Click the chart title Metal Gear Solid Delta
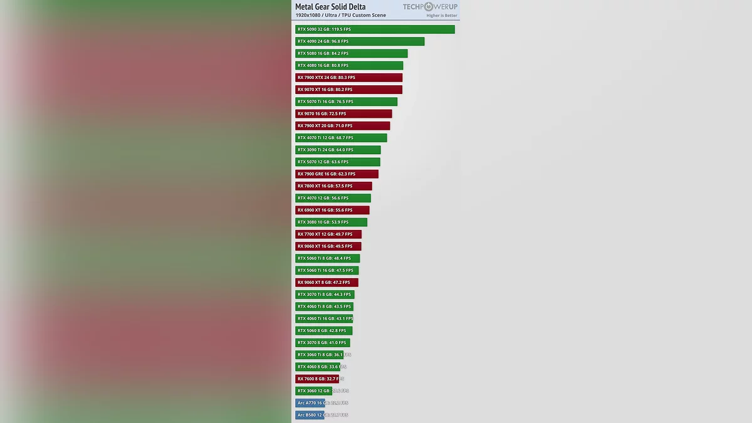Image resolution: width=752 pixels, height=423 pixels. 330,7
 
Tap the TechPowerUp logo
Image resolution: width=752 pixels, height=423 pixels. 430,7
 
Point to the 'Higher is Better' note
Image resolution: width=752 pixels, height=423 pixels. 442,16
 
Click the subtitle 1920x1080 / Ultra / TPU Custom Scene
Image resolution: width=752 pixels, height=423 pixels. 341,15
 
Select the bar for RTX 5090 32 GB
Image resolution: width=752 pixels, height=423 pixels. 375,29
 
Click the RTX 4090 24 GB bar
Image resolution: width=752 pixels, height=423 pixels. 360,41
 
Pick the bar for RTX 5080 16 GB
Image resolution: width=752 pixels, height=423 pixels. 351,53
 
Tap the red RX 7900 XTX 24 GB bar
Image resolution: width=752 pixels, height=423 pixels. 348,78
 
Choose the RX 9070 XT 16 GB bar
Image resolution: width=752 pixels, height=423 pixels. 348,90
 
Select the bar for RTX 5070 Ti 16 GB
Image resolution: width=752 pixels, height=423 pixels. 346,102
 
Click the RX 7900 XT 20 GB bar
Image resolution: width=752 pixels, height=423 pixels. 342,126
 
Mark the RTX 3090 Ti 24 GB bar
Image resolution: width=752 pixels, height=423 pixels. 338,150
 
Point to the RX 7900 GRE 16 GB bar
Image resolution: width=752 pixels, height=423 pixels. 337,174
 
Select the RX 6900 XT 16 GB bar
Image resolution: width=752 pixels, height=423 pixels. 332,211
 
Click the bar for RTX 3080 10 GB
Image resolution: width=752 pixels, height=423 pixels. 331,222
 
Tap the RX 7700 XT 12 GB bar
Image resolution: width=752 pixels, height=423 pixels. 328,234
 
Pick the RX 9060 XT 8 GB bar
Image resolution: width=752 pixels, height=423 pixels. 326,283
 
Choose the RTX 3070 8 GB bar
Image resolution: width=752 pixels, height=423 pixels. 322,343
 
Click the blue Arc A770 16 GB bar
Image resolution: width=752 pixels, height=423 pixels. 310,403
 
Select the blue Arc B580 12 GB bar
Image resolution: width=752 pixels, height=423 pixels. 310,415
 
